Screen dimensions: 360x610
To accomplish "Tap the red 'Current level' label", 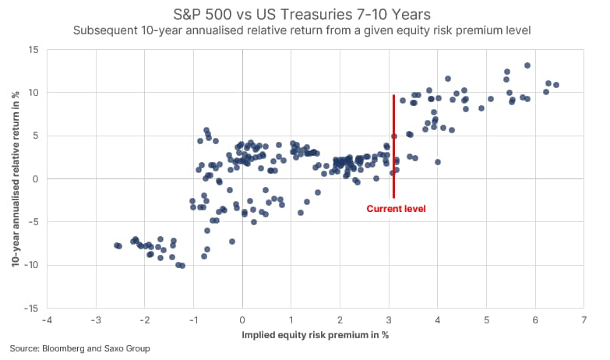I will click(396, 209).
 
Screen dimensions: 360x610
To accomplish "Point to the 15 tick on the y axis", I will click(33, 49).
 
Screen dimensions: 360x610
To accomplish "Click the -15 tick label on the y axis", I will click(31, 309).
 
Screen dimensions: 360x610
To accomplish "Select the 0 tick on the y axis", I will click(36, 179).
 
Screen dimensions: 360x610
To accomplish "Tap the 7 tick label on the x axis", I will click(584, 320).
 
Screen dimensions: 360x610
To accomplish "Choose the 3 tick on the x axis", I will click(389, 320).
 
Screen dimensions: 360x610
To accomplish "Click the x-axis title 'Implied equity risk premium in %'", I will click(316, 336).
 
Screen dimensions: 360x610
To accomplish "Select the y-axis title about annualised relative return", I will click(14, 179).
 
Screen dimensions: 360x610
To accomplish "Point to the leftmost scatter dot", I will click(116, 245).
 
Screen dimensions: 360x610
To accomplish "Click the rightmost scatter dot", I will click(555, 85).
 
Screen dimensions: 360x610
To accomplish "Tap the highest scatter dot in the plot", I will click(527, 65).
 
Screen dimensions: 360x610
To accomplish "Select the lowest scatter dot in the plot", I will click(182, 266).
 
